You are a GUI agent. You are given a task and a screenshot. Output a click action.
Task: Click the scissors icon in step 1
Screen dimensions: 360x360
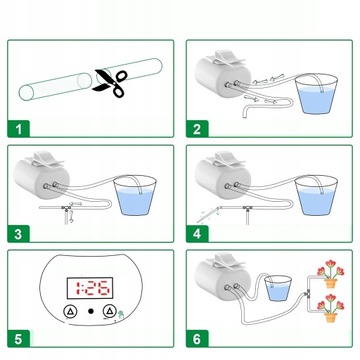pyautogui.click(x=110, y=83)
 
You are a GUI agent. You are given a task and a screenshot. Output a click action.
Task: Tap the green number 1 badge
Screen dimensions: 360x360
pyautogui.click(x=19, y=129)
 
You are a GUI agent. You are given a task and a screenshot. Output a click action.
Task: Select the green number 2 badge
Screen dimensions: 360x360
pyautogui.click(x=197, y=129)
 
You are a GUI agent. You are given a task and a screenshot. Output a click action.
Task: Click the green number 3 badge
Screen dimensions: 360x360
pyautogui.click(x=19, y=234)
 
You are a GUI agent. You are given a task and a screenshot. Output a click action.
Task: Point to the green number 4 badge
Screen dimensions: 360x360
pyautogui.click(x=197, y=234)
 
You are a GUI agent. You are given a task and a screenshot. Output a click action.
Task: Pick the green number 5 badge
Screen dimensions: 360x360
pyautogui.click(x=19, y=339)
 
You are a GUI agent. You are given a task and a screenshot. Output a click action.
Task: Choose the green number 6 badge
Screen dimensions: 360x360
pyautogui.click(x=197, y=339)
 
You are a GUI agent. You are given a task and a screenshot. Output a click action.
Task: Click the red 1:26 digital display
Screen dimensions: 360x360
pyautogui.click(x=90, y=288)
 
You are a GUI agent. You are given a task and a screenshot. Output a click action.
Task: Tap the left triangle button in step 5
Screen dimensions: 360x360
pyautogui.click(x=71, y=311)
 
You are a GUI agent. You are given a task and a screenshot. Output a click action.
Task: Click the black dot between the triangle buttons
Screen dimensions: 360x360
pyautogui.click(x=91, y=311)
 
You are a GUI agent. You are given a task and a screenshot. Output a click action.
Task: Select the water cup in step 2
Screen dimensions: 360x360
pyautogui.click(x=316, y=94)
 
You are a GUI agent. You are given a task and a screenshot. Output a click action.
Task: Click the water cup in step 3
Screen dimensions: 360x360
pyautogui.click(x=135, y=196)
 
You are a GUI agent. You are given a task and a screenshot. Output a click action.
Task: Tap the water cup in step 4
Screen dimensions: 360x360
pyautogui.click(x=316, y=196)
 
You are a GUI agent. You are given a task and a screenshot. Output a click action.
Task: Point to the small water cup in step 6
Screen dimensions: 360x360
pyautogui.click(x=278, y=289)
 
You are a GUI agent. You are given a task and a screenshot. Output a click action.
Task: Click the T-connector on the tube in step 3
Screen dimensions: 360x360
pyautogui.click(x=66, y=209)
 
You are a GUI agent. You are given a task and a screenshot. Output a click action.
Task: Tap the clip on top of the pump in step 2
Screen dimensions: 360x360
pyautogui.click(x=227, y=58)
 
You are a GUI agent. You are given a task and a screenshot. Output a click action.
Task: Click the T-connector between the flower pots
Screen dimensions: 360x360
pyautogui.click(x=308, y=294)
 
